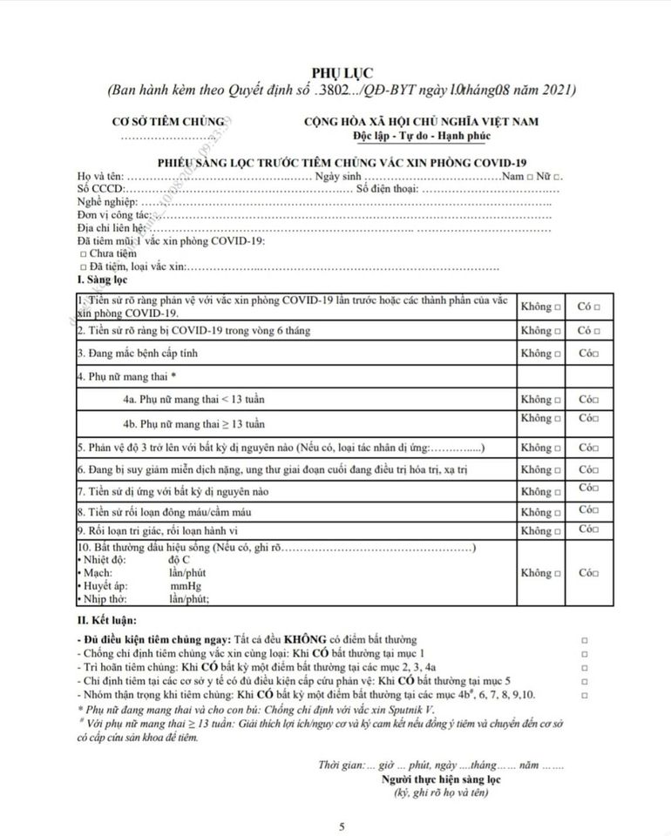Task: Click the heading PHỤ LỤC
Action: (x=335, y=71)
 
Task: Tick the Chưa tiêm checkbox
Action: (x=83, y=253)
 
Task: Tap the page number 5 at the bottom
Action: (x=342, y=826)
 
